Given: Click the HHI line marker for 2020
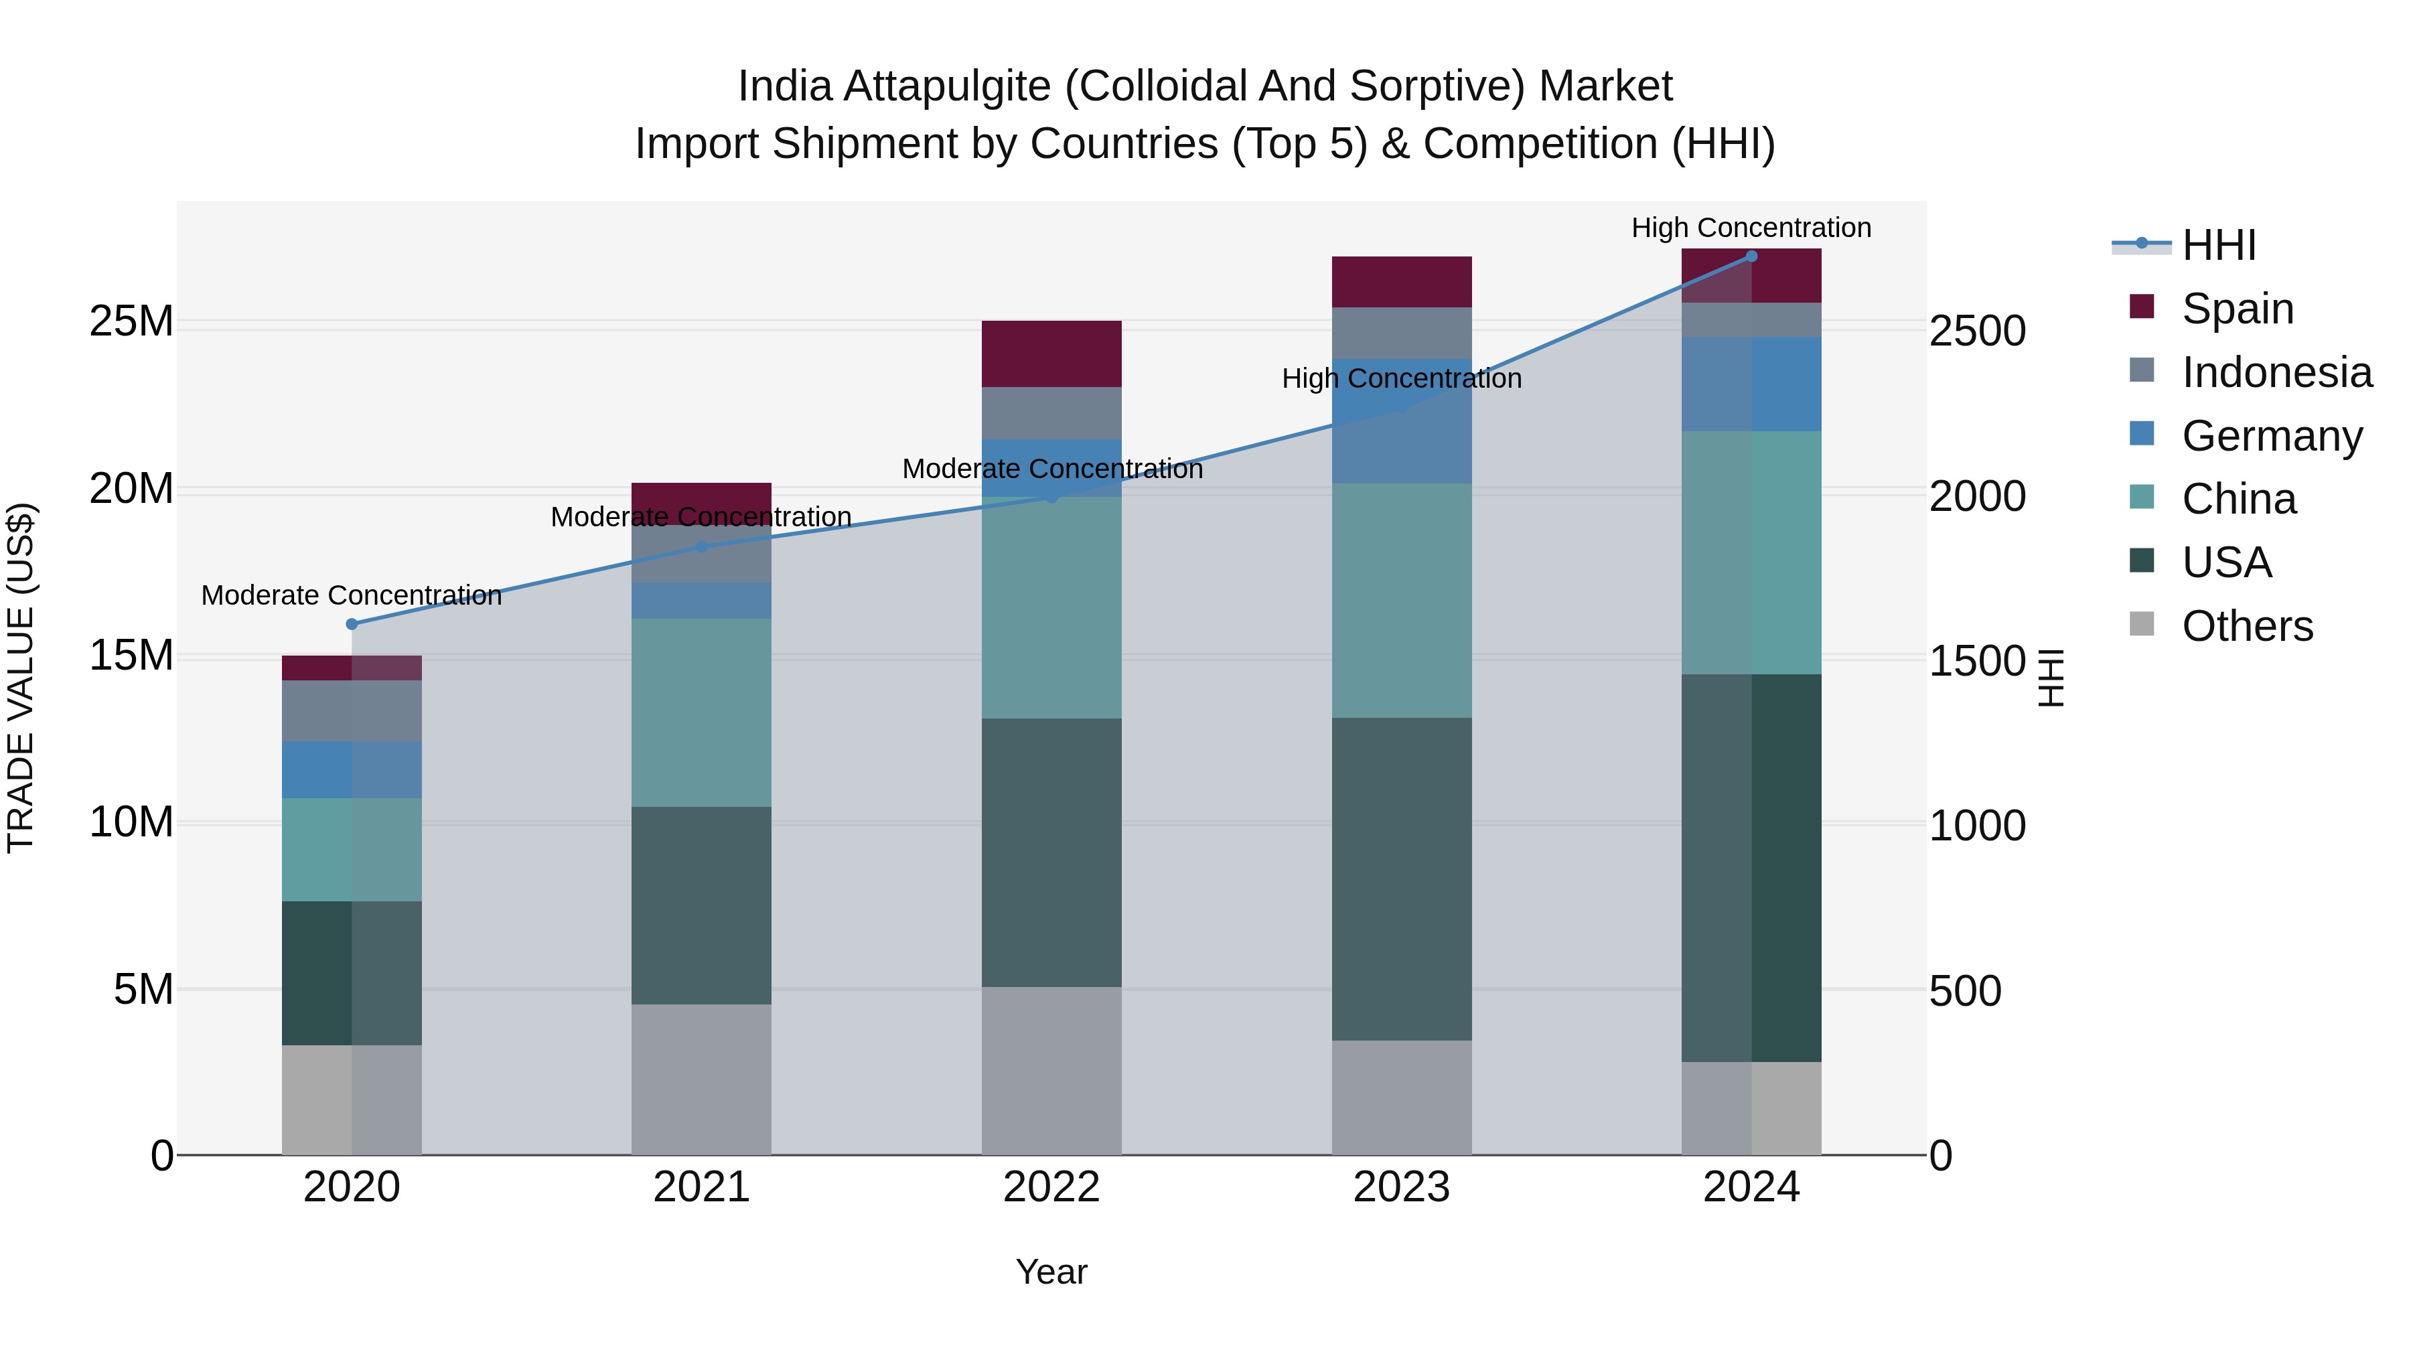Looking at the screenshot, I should (x=352, y=624).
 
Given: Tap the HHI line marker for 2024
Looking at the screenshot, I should (x=1751, y=256).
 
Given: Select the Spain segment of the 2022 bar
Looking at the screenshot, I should (x=1051, y=354).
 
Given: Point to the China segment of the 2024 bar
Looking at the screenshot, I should (x=1751, y=552).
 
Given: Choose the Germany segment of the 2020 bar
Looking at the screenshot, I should (x=352, y=769).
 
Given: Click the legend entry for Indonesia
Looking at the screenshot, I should (x=2276, y=372).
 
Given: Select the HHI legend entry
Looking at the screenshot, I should (x=2218, y=245).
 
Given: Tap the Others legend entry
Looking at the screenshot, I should (x=2246, y=626).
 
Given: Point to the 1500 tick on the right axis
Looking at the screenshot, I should (x=1977, y=661).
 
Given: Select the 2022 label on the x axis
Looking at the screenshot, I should (x=1051, y=1187).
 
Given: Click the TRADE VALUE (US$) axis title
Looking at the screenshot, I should (x=21, y=678).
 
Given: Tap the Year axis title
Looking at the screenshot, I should (x=1051, y=1272).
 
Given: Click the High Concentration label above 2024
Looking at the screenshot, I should (x=1751, y=228).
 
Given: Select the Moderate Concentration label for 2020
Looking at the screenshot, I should (x=352, y=595).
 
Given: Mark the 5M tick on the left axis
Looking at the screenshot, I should (x=143, y=989).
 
